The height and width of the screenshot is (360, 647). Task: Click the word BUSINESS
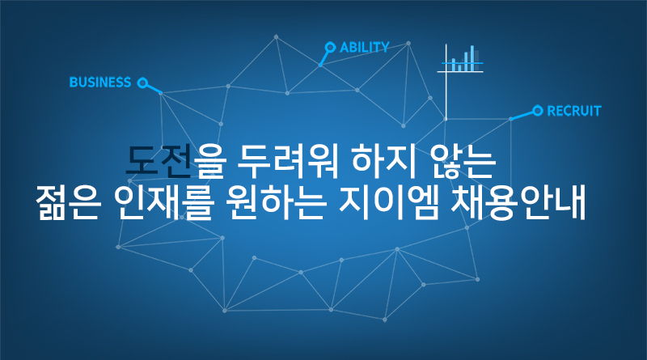coord(100,83)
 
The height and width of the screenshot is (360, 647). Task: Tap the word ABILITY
coord(365,48)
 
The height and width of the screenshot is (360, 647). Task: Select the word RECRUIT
coord(574,111)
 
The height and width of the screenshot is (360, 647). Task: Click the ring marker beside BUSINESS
coord(142,83)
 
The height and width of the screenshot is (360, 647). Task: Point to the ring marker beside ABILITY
coord(330,47)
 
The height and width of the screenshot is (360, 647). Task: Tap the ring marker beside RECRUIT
coord(537,111)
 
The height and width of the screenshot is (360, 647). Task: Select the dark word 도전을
coord(174,161)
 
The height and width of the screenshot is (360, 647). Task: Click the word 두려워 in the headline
coord(288,161)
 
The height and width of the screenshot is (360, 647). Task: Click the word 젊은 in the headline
coord(69,203)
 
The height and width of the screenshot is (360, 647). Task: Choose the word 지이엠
coord(389,203)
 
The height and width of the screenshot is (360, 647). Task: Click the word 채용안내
coord(518,203)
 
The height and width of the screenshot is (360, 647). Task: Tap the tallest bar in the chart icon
coord(472,58)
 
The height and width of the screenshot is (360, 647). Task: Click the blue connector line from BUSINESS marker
coord(154,89)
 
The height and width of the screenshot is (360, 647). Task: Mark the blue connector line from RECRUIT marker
coord(522,115)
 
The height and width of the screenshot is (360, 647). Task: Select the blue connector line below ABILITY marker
coord(324,58)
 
